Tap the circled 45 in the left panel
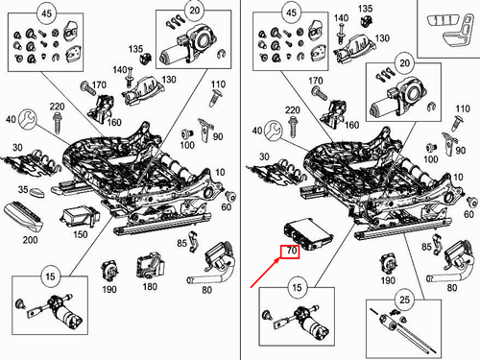(46, 13)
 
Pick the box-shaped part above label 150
(78, 216)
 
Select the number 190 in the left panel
(108, 289)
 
